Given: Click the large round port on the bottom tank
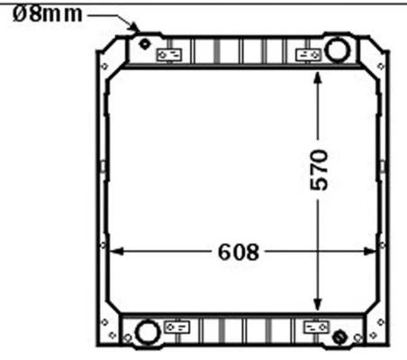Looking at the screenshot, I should pyautogui.click(x=145, y=332).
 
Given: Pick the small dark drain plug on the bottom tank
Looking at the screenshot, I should pyautogui.click(x=339, y=337).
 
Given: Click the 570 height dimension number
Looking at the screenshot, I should pyautogui.click(x=319, y=169).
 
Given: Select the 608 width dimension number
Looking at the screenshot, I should pyautogui.click(x=238, y=252).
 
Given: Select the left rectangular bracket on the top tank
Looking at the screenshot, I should pyautogui.click(x=168, y=56).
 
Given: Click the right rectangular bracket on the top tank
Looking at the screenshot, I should pyautogui.click(x=309, y=56).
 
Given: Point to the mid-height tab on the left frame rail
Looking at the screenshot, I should pyautogui.click(x=102, y=166).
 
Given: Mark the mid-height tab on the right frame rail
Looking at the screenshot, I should pyautogui.click(x=384, y=166).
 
